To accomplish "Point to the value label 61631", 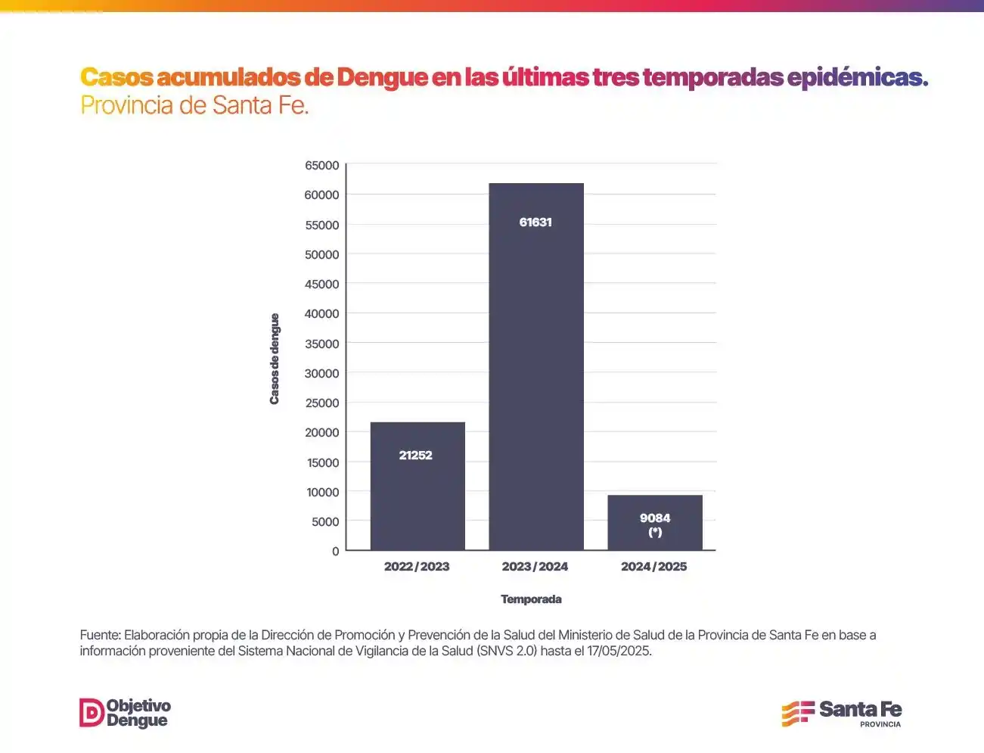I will click(x=535, y=222).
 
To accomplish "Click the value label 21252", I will click(x=416, y=455).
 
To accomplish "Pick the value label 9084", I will click(x=655, y=518).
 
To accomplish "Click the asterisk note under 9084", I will click(x=655, y=532).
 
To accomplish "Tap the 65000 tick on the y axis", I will click(x=321, y=165).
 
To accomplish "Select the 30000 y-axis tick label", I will click(x=321, y=373).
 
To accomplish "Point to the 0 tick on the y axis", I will click(x=335, y=551).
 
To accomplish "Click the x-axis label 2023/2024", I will click(x=535, y=566).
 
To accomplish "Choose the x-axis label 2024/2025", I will click(x=654, y=566).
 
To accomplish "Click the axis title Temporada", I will click(x=531, y=599).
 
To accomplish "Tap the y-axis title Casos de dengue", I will click(x=275, y=359).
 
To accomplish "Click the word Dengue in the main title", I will click(x=382, y=77).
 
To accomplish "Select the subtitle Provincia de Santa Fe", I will click(x=195, y=105).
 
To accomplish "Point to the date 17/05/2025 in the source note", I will click(x=619, y=651).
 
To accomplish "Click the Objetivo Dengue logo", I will click(x=126, y=713).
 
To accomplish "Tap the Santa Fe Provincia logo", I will click(x=842, y=713).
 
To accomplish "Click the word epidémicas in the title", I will click(x=857, y=77).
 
